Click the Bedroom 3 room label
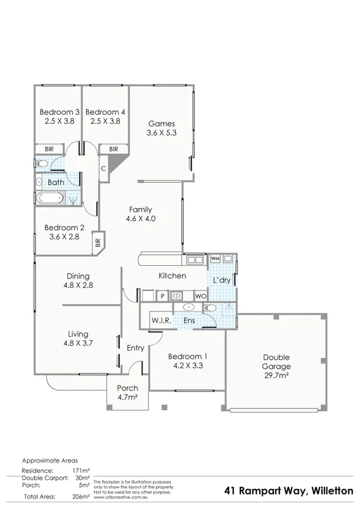coord(59,112)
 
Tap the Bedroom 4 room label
coord(106,112)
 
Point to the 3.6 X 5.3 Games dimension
coord(162,134)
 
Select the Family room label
coord(141,209)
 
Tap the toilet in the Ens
coord(209,307)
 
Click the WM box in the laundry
coord(215,259)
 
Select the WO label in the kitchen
coord(200,296)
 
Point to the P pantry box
coord(162,296)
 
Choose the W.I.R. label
coord(161,321)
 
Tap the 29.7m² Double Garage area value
coord(276,375)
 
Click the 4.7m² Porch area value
coord(127,397)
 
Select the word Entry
coord(136,348)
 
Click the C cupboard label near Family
coord(103,168)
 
